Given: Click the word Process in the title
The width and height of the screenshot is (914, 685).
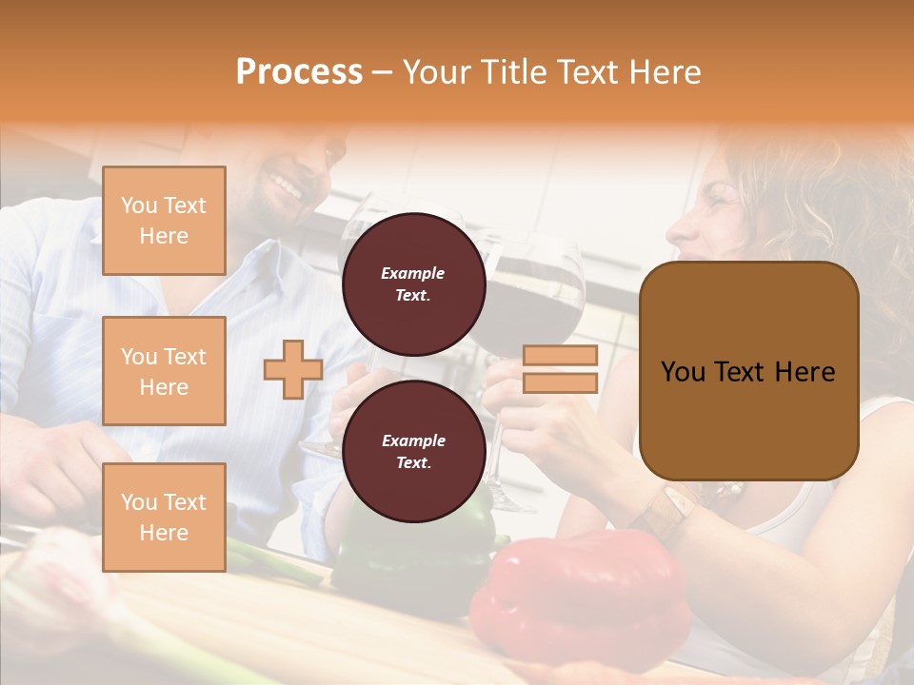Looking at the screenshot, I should [x=299, y=72].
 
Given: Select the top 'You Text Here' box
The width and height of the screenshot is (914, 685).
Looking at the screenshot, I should [x=164, y=221].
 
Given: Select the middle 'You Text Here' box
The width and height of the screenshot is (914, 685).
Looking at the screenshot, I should [x=164, y=371].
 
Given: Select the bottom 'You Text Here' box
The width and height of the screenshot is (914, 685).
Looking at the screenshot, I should [x=164, y=517].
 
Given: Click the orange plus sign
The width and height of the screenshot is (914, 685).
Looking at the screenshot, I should [x=292, y=369].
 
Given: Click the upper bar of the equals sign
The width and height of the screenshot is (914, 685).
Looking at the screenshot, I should [x=561, y=356].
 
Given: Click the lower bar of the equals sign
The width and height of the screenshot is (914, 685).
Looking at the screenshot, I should [x=561, y=383].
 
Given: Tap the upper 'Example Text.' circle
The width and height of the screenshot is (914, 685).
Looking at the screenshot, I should [x=413, y=284].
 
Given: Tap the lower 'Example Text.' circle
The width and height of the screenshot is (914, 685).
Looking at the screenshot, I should [x=413, y=451].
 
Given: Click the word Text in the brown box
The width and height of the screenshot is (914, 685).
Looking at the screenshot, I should [x=760, y=372].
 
